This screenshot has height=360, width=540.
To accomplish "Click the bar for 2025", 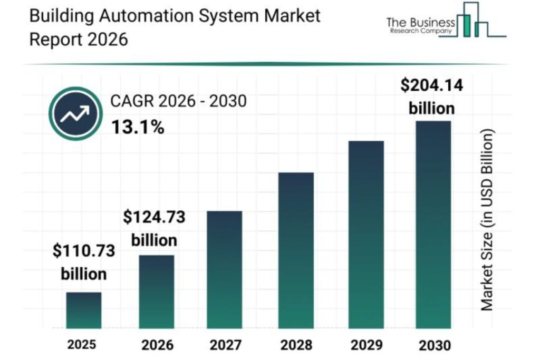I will pos(84,310).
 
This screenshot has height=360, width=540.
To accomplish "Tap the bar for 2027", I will pos(224,269).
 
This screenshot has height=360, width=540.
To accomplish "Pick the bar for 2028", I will pos(296,250).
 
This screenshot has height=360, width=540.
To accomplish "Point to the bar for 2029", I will pos(366,235).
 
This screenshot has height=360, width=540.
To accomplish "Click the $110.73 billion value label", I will pos(84,262).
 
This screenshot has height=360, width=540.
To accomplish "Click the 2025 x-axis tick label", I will pos(82,345).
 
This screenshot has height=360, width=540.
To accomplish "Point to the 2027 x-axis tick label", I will pos(226,346).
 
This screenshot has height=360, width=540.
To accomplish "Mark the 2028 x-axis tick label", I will pos(296,346).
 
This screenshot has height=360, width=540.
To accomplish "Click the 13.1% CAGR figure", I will pos(138,127).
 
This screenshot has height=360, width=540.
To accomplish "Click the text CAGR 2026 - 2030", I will pos(178,101).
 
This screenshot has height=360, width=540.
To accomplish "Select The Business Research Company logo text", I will pos(420,25).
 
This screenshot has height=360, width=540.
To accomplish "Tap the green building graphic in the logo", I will pos(467,24).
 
